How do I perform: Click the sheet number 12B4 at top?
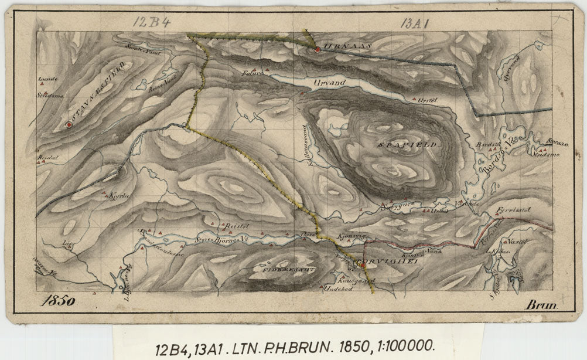(x=151, y=22)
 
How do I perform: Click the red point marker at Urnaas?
(x=317, y=50)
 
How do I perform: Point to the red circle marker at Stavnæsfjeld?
(x=70, y=124)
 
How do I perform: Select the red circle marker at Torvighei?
(x=363, y=265)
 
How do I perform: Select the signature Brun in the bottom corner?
(x=542, y=305)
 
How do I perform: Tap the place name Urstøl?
(x=429, y=101)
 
